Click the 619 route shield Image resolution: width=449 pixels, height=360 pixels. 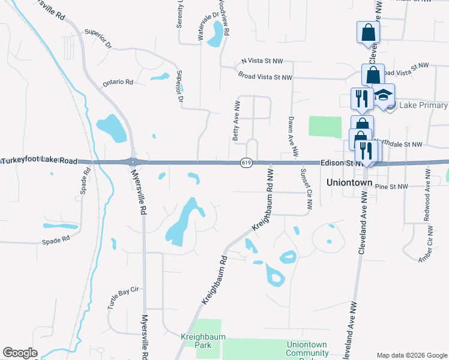(246, 163)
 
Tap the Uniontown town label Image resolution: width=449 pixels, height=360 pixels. (350, 182)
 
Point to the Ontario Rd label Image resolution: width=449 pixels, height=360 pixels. (118, 82)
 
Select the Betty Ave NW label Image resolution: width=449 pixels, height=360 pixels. (237, 121)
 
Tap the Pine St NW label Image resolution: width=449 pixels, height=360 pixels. (391, 187)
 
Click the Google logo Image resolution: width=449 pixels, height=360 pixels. (20, 353)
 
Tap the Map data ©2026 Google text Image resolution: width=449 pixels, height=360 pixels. (411, 355)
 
